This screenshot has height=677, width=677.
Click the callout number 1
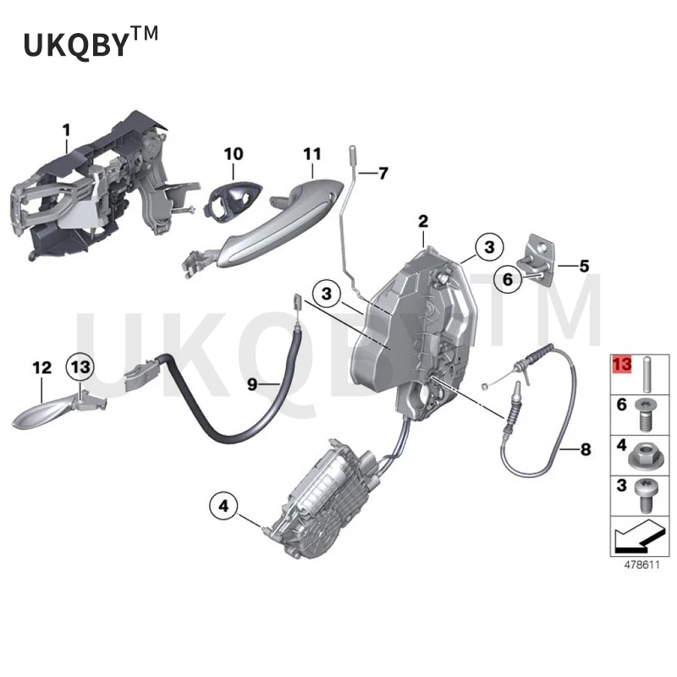pos(66,130)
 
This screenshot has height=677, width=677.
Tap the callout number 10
pos(233,154)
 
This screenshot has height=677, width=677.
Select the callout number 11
pos(312,154)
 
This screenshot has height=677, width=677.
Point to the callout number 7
pos(383,173)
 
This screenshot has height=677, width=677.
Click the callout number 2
pos(422,222)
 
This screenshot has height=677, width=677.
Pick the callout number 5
pos(583,266)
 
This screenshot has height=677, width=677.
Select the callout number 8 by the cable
pos(586,450)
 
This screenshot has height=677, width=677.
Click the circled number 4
pos(223,507)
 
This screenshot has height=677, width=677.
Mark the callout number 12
pos(41,368)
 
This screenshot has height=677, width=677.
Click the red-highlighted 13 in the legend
pos(623,364)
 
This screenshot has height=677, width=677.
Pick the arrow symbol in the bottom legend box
pos(639,536)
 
